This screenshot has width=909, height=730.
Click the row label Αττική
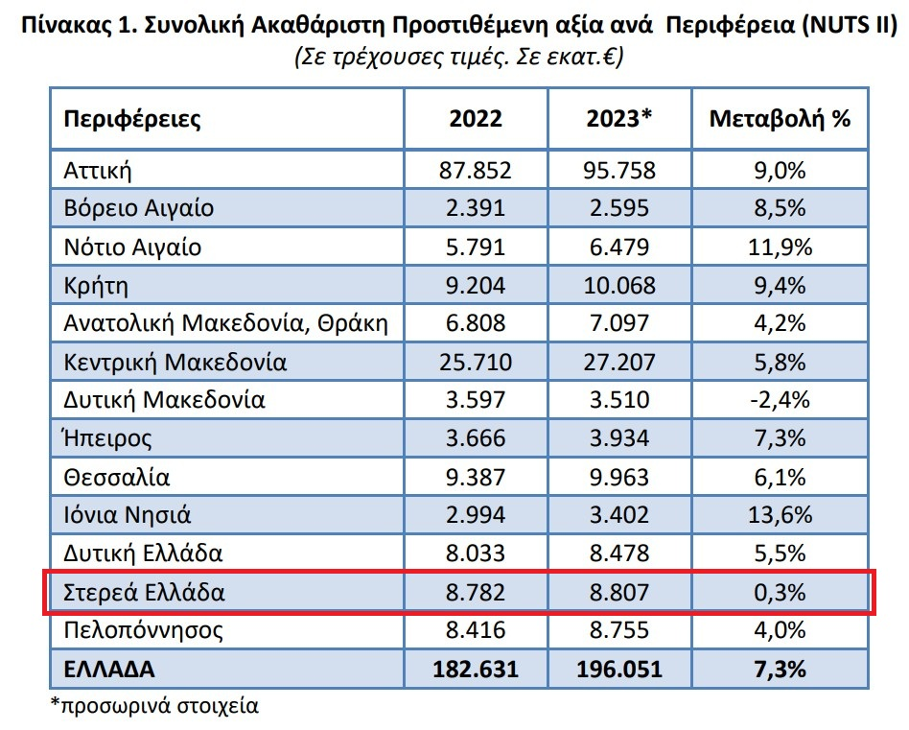pos(97,171)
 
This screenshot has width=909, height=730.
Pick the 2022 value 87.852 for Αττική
pos(475,171)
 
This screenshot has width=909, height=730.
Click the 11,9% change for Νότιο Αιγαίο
pos(780,247)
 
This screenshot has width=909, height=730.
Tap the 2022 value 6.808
pos(475,324)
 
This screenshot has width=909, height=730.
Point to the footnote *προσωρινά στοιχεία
pos(153,707)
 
